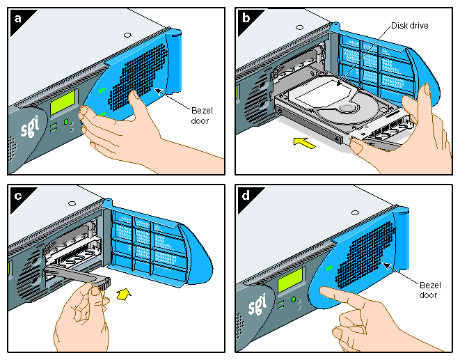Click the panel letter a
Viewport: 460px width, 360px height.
pos(17,17)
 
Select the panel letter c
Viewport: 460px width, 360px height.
pos(17,195)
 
